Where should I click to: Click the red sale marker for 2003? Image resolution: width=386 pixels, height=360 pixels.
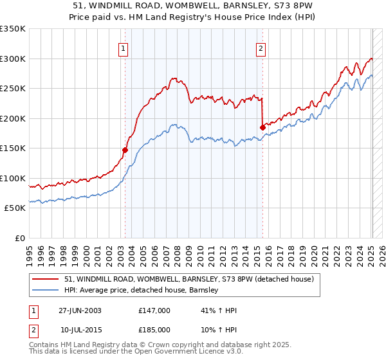(125, 150)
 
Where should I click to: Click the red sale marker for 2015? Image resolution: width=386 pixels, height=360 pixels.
(262, 127)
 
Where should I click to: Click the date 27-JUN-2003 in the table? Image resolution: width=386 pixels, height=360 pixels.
(80, 310)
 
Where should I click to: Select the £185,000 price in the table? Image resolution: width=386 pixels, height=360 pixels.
(154, 329)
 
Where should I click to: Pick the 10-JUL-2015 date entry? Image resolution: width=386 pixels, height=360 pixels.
(80, 329)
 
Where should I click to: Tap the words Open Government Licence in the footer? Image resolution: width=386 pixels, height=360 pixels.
(183, 352)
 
